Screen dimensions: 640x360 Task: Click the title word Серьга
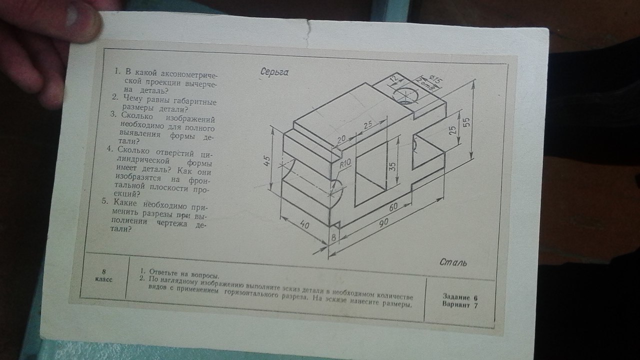[x=274, y=72]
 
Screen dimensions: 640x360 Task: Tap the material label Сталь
[x=453, y=262]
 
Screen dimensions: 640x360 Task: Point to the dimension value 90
[x=383, y=222]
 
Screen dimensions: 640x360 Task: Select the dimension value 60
[x=393, y=207]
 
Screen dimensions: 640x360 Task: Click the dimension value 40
[x=304, y=224]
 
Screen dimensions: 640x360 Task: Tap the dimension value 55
[x=465, y=122]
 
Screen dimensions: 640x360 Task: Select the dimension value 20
[x=341, y=139]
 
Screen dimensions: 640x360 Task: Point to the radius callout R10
[x=345, y=163]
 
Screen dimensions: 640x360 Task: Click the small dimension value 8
[x=333, y=237]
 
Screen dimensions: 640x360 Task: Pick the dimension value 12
[x=394, y=79]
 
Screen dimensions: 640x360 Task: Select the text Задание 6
[x=460, y=297]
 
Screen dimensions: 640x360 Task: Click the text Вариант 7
[x=460, y=305]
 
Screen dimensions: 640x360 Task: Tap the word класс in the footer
[x=103, y=279]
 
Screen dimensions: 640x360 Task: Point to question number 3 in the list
[x=113, y=114]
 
